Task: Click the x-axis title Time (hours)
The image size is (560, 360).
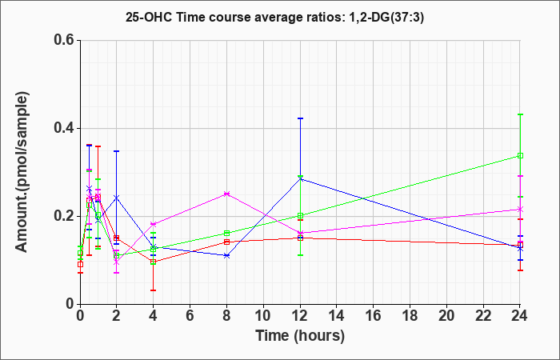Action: [300, 335]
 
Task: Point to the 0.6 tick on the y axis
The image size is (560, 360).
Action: [63, 40]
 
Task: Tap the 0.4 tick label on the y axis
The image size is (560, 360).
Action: [63, 128]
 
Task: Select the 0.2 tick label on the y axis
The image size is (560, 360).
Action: [63, 216]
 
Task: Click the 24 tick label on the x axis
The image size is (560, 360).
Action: [521, 316]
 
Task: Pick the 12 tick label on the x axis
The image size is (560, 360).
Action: [300, 316]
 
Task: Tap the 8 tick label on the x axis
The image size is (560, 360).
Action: [227, 316]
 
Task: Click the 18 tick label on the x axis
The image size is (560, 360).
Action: [410, 316]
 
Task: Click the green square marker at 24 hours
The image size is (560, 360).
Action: [521, 155]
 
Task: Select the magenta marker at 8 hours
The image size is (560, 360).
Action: [227, 194]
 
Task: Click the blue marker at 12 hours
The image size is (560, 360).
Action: [301, 178]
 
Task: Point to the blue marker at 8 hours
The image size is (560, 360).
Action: [227, 255]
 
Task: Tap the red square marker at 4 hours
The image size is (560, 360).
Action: [154, 262]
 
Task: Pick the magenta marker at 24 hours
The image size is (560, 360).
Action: [521, 209]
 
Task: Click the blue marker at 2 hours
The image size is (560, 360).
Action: [117, 198]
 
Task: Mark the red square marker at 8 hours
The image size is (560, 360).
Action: [227, 242]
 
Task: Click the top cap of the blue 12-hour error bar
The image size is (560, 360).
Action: [301, 118]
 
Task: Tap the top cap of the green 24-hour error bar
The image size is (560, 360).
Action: [521, 114]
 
